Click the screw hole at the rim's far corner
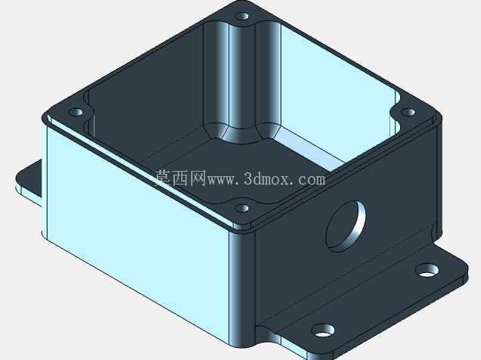242,16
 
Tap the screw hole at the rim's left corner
76,112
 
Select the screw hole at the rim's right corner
408,112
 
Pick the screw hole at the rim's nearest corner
242,209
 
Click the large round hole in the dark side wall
346,226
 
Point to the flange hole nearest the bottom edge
323,331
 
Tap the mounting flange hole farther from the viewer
427,270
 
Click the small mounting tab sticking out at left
29,181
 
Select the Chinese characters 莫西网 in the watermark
180,178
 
